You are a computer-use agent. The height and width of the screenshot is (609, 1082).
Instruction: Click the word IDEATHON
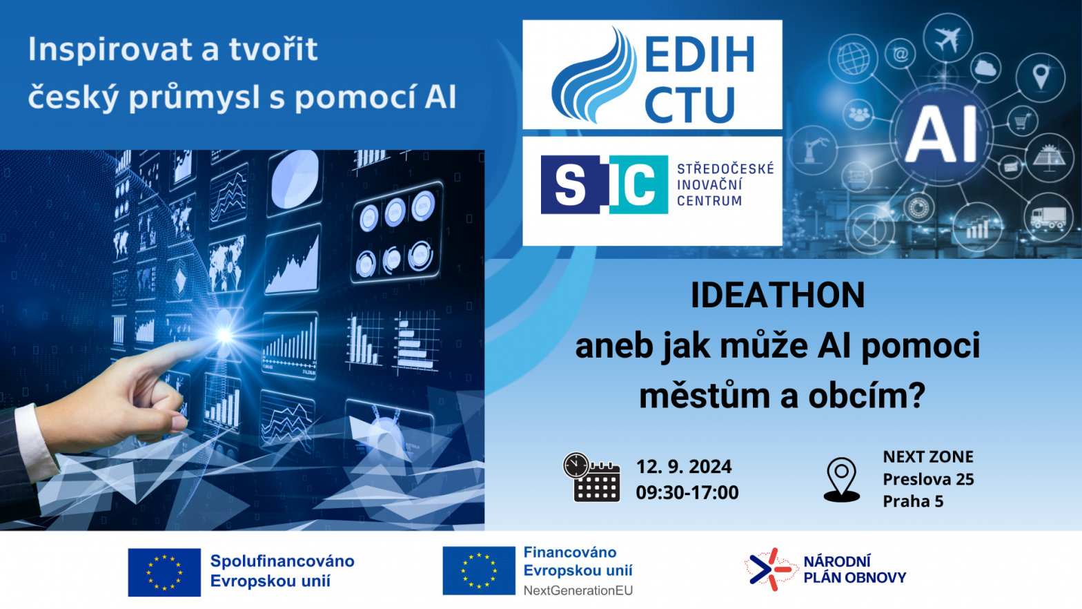pos(777,295)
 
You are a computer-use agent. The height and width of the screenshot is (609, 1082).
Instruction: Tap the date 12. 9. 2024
pos(683,467)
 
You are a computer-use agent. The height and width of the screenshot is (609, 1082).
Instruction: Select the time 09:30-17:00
pos(687,492)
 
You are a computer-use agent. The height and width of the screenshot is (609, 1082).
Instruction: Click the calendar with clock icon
pos(592,478)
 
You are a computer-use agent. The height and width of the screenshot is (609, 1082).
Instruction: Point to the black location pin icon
pos(841,480)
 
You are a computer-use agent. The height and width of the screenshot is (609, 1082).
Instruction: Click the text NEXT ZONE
pos(928,457)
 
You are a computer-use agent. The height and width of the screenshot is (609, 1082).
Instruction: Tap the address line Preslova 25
pos(928,479)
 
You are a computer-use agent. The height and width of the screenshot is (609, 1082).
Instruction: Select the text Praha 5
pos(913,501)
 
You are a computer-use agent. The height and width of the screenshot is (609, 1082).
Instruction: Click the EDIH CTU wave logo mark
pos(594,75)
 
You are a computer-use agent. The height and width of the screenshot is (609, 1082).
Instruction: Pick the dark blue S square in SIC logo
pos(571,184)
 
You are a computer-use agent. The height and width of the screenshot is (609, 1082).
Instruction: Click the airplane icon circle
pos(947,38)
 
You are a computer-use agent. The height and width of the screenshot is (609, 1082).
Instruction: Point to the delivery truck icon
pos(1047,217)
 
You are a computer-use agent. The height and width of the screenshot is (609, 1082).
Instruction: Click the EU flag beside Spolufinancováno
pos(164,572)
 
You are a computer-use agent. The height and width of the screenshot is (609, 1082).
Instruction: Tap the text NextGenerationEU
pos(578,590)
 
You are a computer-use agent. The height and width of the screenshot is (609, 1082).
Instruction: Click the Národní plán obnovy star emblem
pos(770,570)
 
